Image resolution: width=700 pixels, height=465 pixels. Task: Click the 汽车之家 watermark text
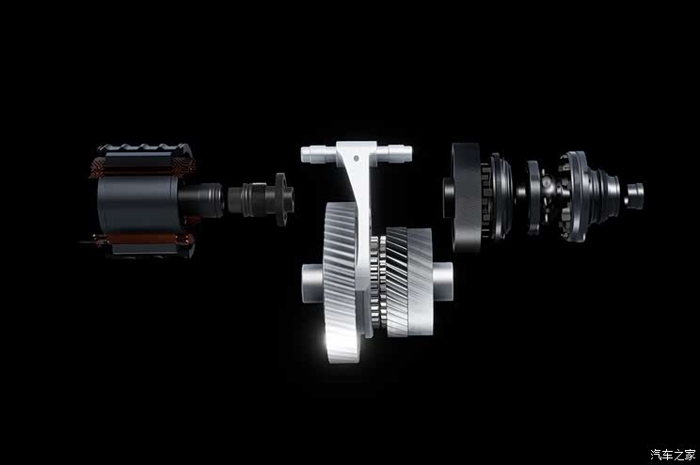tap(673, 455)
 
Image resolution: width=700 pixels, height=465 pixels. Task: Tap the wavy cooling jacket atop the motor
tap(145, 147)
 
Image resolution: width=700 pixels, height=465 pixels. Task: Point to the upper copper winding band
tap(143, 166)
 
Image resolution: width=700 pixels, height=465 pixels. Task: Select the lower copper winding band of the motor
tap(143, 240)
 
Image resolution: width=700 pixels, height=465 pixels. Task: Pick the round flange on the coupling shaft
tap(281, 199)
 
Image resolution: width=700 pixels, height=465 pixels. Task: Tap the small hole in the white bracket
tap(357, 158)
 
